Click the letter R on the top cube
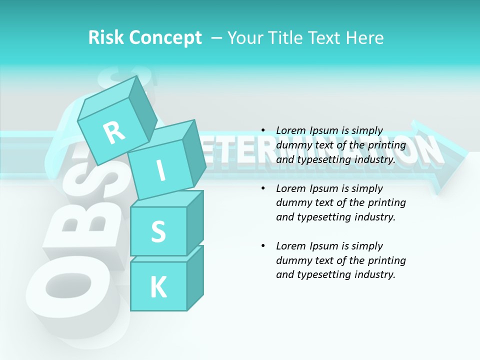click(114, 133)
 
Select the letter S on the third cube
click(158, 231)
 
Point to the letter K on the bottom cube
click(158, 287)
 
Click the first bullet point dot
click(263, 130)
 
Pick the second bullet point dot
click(263, 188)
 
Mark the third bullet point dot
click(263, 246)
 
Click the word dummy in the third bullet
click(292, 260)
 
